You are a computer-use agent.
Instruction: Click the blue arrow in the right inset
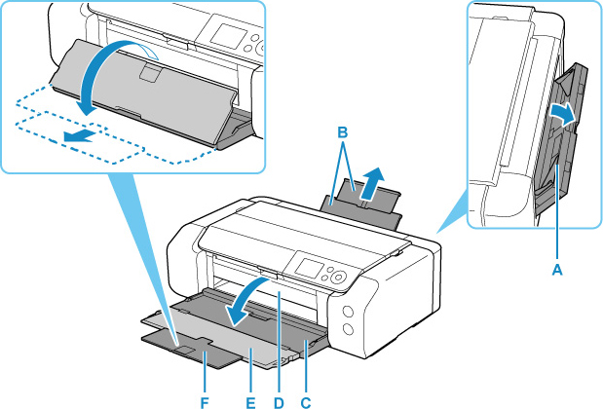[x=562, y=116]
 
